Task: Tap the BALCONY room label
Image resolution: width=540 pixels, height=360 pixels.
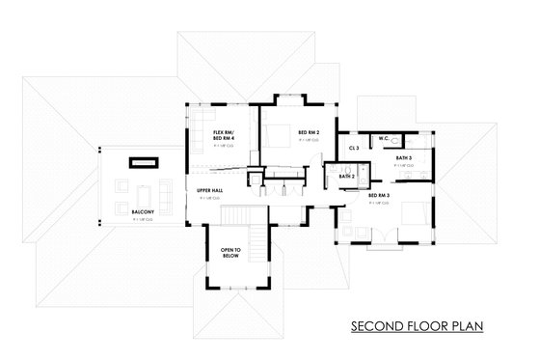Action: click(x=141, y=209)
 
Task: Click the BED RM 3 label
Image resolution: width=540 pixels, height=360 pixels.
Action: click(x=378, y=196)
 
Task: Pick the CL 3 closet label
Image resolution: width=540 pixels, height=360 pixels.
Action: click(x=354, y=148)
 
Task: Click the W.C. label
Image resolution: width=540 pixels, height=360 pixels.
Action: click(x=383, y=139)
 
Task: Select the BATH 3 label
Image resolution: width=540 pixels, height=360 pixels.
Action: click(x=403, y=157)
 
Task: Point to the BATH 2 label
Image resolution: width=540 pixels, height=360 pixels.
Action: click(x=346, y=177)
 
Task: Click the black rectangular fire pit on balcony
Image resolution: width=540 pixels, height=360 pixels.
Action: click(x=145, y=160)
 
